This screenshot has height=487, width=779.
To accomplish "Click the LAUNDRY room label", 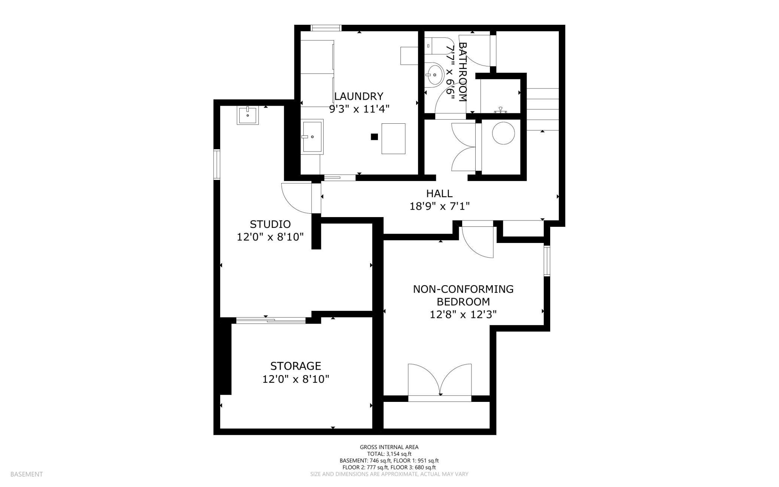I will pos(359,96).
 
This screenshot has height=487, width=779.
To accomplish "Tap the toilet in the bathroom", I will pos(434,46).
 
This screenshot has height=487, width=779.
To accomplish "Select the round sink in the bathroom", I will pos(434,75).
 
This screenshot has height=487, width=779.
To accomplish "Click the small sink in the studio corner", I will pos(248,115).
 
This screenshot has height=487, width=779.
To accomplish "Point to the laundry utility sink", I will pos(312,137).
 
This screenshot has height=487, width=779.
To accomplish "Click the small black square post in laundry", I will pos(374,137).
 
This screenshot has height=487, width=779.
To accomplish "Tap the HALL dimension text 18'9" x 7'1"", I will pos(439,206).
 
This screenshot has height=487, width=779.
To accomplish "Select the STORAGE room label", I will pos(295,366).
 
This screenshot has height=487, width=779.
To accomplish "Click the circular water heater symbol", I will pos(503,133).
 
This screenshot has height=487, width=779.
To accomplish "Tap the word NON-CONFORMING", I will pos(463,289).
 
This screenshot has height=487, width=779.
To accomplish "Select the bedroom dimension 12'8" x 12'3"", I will pos(463,314).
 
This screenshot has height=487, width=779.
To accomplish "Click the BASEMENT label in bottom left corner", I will pos(27,474).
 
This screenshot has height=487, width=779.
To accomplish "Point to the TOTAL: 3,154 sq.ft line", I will pos(389,454).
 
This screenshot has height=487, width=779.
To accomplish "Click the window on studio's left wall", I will pos(216,164).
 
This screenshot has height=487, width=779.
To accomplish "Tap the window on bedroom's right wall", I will pos(547,261).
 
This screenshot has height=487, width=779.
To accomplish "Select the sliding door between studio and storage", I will pos(271,320).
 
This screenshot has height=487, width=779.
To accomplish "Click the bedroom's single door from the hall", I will pos(478,240).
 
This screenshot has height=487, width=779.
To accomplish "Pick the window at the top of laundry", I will pos(326,28).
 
